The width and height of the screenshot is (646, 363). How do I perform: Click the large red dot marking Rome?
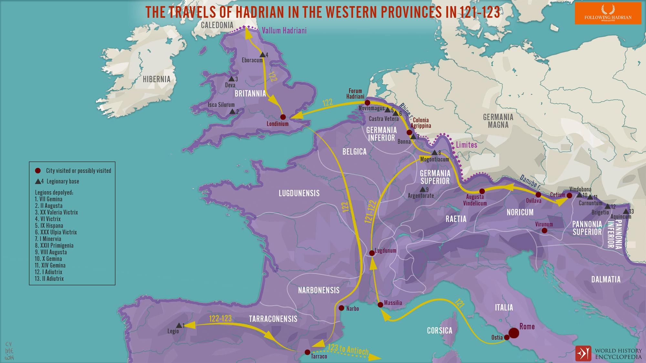point(514,333)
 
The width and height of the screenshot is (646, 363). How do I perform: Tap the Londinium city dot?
point(283,117)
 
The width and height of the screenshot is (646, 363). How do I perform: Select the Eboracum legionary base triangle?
point(262,55)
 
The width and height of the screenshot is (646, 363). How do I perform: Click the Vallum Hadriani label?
point(284,31)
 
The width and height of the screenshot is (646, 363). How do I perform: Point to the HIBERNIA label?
point(157,79)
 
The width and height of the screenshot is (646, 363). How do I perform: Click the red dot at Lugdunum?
point(372,253)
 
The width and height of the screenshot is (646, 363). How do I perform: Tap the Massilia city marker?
point(380,304)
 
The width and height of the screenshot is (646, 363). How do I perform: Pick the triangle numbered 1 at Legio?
point(179,325)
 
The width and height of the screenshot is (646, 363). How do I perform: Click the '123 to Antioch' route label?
point(348,349)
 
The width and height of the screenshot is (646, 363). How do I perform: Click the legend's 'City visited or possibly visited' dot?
point(38,170)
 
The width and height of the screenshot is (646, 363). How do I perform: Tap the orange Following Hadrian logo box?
point(608,14)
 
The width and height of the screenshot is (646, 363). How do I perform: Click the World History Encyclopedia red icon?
point(583,353)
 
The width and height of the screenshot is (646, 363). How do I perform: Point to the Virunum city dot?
point(544,230)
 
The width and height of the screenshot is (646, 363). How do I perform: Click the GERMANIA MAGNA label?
point(498,121)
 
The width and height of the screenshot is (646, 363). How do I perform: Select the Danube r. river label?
point(530,181)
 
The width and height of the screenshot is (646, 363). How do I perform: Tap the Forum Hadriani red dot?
point(367,103)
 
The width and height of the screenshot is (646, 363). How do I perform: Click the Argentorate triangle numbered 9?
point(422,189)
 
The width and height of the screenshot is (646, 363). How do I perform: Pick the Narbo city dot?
point(341,308)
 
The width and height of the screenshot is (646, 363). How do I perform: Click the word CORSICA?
point(439,330)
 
